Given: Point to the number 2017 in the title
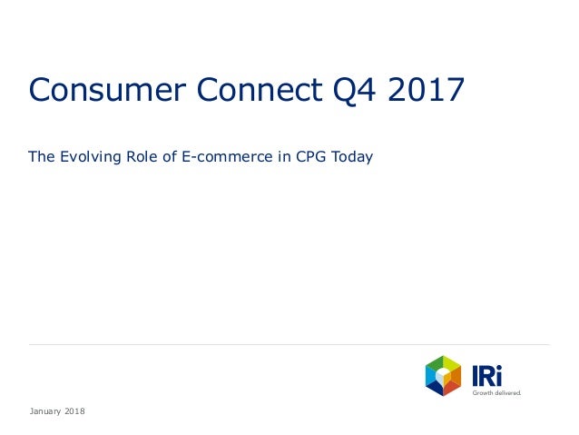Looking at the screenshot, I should click(426, 91).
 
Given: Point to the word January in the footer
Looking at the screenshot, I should click(44, 412).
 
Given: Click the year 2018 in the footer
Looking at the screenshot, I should click(74, 412).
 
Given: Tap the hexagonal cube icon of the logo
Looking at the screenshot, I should click(443, 376).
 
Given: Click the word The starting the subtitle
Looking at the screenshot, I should click(42, 157).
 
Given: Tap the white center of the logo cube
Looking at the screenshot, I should click(443, 375).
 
